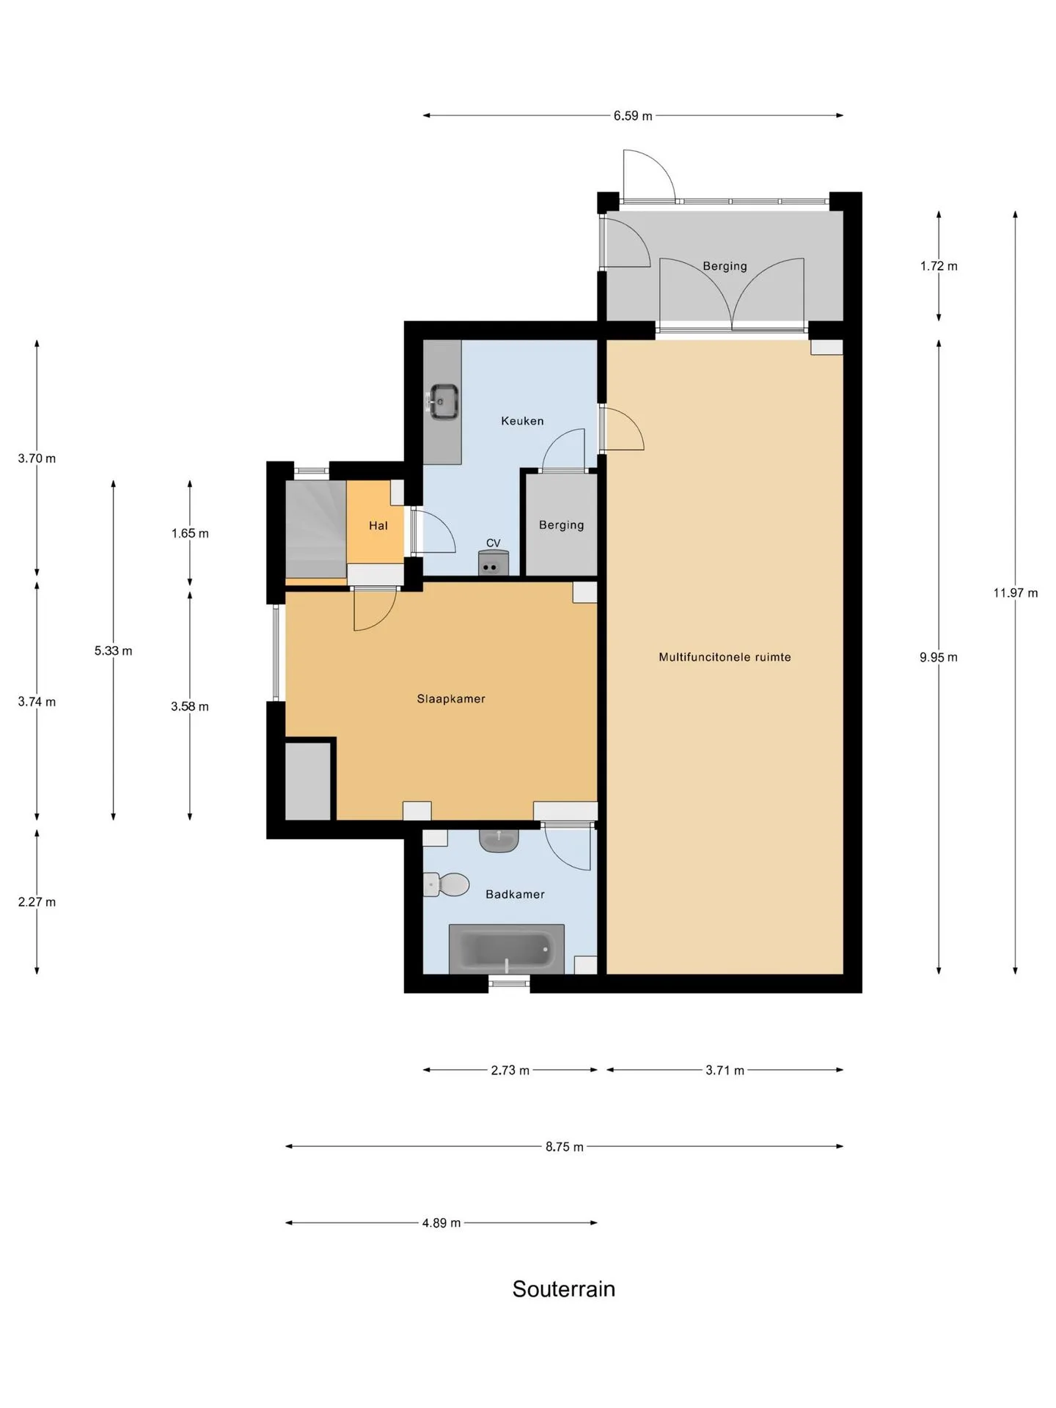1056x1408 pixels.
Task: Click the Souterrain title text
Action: pos(563,1288)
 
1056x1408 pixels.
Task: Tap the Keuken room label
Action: pos(522,421)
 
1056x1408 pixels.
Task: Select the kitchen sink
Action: pos(444,402)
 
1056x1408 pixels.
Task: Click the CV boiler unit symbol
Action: pos(493,563)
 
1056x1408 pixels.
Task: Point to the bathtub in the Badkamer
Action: pos(506,949)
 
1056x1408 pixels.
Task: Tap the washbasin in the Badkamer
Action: pos(499,840)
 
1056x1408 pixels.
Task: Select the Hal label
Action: pos(378,526)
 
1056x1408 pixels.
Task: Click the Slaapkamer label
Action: pos(451,699)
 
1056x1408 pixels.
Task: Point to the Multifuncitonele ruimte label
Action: pos(725,657)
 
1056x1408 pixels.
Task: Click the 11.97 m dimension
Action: pos(1016,593)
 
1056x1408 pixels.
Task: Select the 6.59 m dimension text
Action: pos(633,116)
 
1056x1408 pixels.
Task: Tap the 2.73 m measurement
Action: pos(510,1070)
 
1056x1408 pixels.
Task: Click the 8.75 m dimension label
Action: pos(564,1146)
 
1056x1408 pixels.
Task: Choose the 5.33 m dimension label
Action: pos(113,650)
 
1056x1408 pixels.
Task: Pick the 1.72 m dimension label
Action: pos(939,266)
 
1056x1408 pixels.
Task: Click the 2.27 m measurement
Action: pos(37,902)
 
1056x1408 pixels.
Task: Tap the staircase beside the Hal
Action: pos(315,529)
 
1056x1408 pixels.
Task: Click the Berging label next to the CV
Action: pos(561,525)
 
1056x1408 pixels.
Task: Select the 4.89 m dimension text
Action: pos(441,1222)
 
